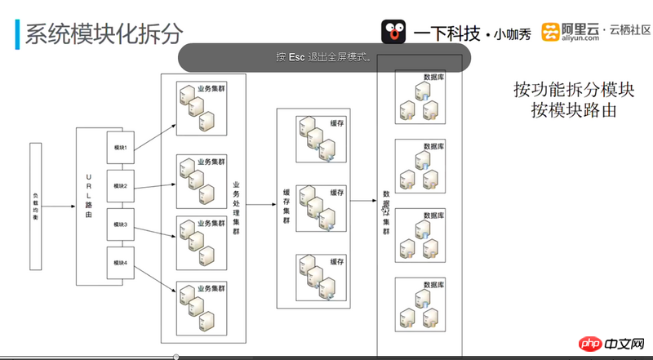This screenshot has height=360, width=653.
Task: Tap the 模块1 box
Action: (120, 148)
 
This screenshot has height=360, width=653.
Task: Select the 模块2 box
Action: (120, 186)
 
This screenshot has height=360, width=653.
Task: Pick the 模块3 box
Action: (120, 224)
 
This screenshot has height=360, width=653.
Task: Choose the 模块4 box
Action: (120, 263)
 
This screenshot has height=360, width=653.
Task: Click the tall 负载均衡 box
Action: (35, 206)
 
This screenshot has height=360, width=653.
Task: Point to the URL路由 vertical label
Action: (89, 196)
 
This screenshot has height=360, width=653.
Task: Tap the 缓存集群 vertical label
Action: (286, 205)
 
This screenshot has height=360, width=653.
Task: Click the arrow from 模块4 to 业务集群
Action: (155, 277)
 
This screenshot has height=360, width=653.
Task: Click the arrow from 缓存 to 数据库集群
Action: (363, 198)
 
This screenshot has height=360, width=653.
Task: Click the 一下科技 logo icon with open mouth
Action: (394, 32)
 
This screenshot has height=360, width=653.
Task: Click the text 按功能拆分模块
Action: (574, 88)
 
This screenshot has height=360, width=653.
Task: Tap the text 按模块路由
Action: (574, 109)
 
